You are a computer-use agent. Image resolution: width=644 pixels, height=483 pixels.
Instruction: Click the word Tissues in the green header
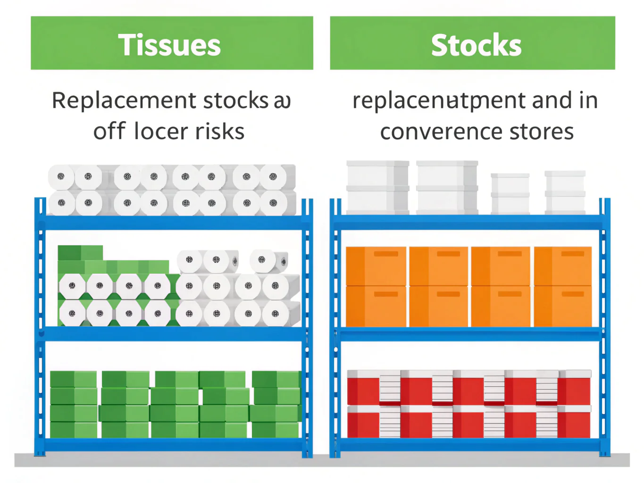pos(169,45)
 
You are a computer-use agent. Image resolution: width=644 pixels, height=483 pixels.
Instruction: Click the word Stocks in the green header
pos(476,45)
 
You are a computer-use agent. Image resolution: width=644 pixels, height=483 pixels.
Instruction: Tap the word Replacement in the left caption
pos(124,101)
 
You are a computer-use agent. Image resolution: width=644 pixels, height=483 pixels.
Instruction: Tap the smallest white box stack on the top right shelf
pos(510,193)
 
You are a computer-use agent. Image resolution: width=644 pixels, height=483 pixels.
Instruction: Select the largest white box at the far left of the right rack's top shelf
pos(377,187)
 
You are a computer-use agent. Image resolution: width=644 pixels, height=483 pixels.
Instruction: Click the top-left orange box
pos(376,266)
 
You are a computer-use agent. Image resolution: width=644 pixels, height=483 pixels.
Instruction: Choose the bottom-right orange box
pos(563,306)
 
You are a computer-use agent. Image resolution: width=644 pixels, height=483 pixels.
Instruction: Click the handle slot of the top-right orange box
pos(573,254)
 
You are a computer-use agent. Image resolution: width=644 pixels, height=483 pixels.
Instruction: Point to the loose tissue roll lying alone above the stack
pos(268,260)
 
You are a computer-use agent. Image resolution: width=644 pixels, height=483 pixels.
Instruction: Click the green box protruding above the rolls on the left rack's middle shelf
pos(80,253)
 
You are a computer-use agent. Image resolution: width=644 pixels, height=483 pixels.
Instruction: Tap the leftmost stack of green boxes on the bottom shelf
pos(73,404)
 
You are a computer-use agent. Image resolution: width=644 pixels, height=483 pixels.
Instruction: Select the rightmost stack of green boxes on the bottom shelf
pos(276,404)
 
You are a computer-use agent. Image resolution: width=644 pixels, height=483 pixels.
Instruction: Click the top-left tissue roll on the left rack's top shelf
pos(61,177)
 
